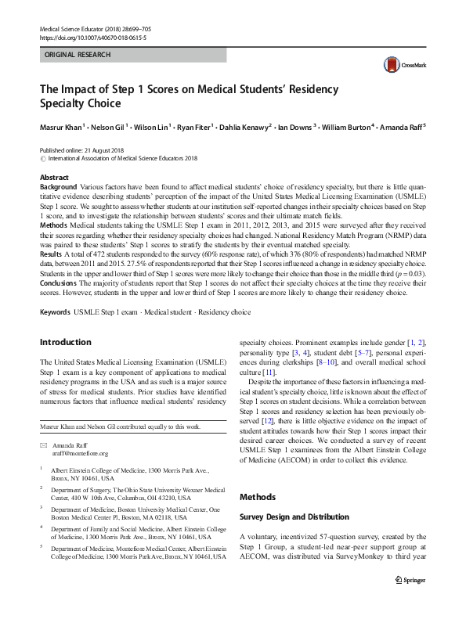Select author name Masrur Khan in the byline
coord(61,126)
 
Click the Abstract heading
coord(54,178)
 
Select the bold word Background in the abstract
coord(58,188)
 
